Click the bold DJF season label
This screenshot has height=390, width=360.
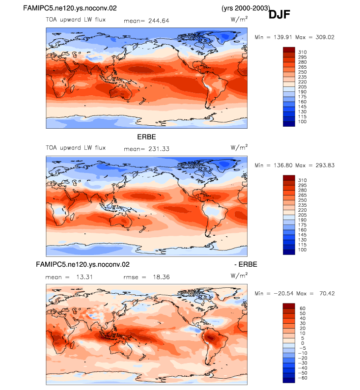[x=279, y=14]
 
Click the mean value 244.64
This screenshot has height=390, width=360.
[x=159, y=21]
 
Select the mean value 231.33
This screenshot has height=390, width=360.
[x=159, y=149]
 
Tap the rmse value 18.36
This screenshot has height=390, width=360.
[x=161, y=277]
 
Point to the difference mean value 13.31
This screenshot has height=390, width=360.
[x=84, y=277]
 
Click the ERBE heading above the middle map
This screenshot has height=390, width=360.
[x=146, y=137]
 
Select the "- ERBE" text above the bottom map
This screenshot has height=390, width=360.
[x=246, y=264]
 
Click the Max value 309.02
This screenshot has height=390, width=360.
[x=325, y=37]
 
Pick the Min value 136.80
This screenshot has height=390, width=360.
[x=283, y=166]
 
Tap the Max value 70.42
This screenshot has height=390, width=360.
[x=327, y=294]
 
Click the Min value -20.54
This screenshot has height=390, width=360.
[x=284, y=294]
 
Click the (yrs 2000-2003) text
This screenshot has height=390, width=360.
[x=246, y=8]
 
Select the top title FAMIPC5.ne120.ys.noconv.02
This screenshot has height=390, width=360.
[x=70, y=8]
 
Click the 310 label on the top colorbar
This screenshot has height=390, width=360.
[x=303, y=52]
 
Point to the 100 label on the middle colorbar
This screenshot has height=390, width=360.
[x=303, y=250]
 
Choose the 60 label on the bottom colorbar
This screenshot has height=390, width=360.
[x=303, y=308]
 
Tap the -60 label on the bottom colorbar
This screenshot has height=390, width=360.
[x=303, y=378]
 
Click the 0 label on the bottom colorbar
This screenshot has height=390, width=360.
[x=303, y=343]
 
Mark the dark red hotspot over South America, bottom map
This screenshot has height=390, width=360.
[x=210, y=338]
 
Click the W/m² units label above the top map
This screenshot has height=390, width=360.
[x=239, y=19]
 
